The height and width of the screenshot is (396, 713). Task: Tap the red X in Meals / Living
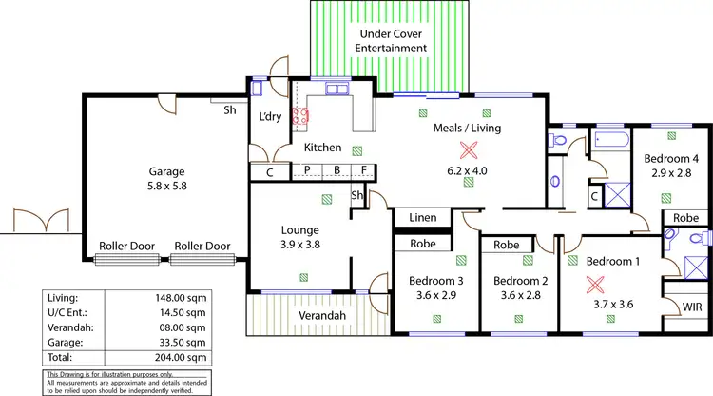(467, 150)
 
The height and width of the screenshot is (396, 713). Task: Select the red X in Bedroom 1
(595, 284)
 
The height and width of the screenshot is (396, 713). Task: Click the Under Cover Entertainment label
(392, 41)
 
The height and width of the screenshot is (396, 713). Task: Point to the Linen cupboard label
(423, 218)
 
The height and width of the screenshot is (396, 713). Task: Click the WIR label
(693, 307)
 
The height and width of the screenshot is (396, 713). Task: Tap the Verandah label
(318, 316)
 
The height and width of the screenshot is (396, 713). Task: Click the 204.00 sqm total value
(183, 357)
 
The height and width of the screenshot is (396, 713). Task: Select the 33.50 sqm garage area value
(183, 342)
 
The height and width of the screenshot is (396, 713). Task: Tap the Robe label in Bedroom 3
(423, 245)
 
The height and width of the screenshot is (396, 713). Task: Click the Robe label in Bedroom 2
(507, 245)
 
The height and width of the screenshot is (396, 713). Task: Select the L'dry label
(269, 117)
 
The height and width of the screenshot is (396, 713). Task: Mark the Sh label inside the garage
(230, 109)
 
